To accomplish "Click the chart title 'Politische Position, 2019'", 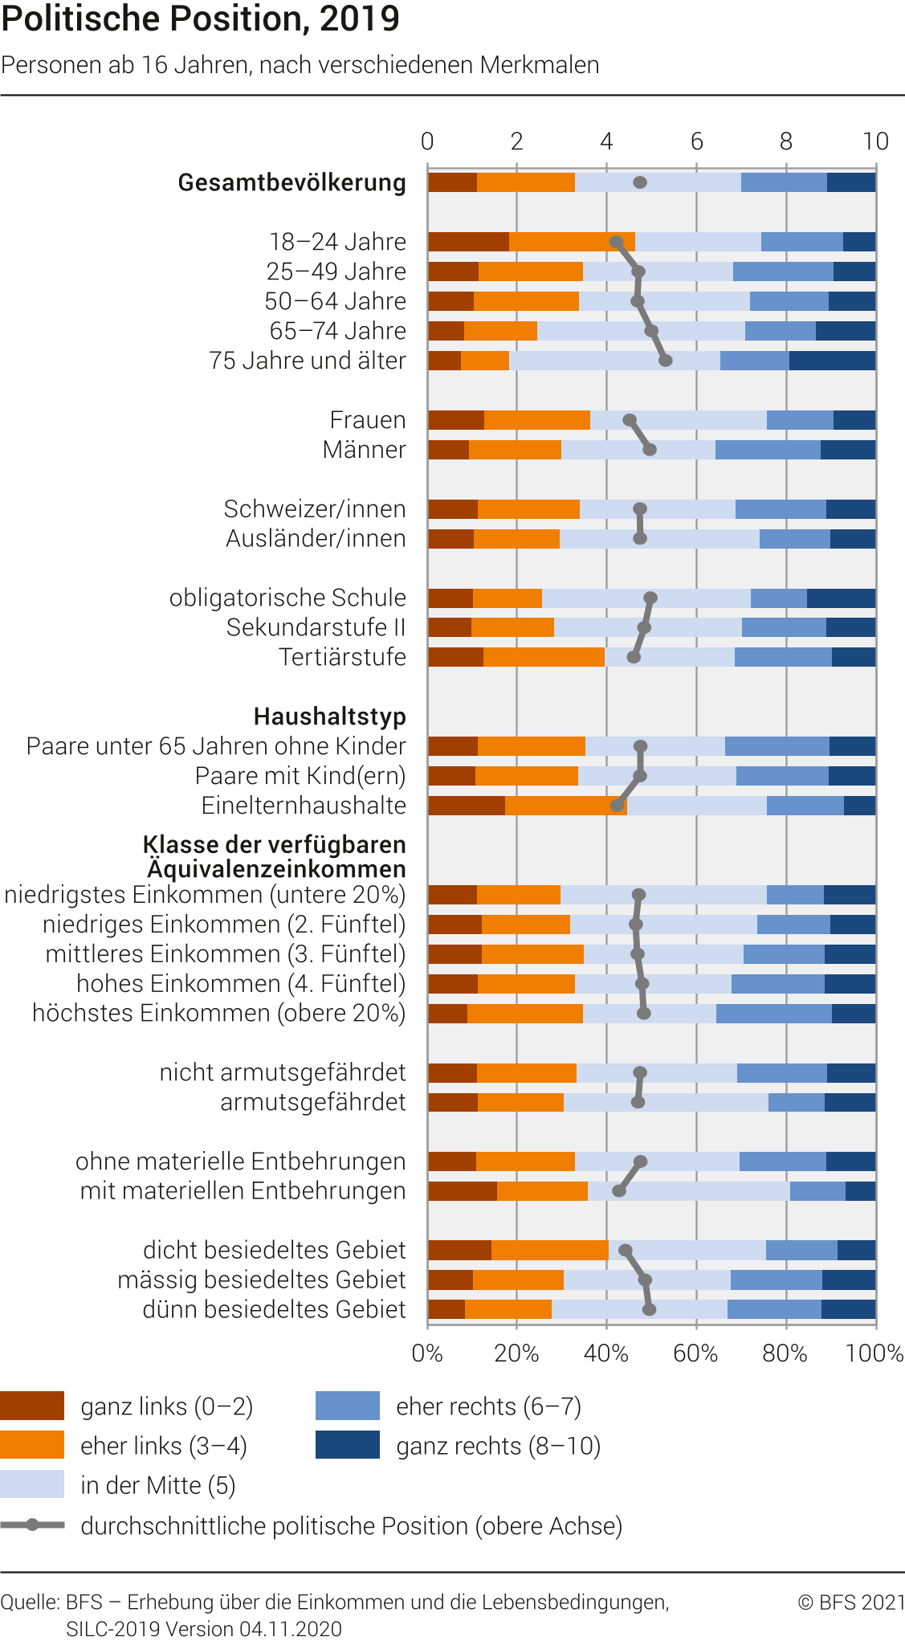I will click(x=200, y=18).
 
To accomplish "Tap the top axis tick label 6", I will click(x=696, y=141).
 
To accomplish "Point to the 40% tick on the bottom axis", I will click(x=605, y=1353).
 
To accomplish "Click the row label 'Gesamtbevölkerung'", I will click(x=291, y=182).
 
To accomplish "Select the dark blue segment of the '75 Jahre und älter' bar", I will click(x=832, y=361).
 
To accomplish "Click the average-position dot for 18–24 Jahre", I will click(x=616, y=242).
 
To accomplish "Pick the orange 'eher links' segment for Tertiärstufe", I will click(x=544, y=657).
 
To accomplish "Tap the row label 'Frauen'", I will click(x=368, y=420).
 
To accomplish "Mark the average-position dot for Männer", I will click(x=650, y=450).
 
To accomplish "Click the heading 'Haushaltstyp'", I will click(x=329, y=716).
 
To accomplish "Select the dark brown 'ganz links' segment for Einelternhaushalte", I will click(x=467, y=806).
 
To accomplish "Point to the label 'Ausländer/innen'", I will click(x=316, y=538).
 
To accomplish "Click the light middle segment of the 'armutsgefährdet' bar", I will click(x=666, y=1102).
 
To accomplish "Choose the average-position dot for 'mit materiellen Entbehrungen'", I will click(x=619, y=1191).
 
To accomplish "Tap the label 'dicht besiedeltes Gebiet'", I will click(x=274, y=1251).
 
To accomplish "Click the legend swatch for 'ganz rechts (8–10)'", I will click(x=347, y=1446).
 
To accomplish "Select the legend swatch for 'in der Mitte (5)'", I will click(x=32, y=1485).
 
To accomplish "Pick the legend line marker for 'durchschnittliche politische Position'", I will click(x=32, y=1525).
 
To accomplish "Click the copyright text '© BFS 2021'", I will click(x=851, y=1602).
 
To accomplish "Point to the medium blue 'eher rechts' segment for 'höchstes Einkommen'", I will click(x=773, y=1014).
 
